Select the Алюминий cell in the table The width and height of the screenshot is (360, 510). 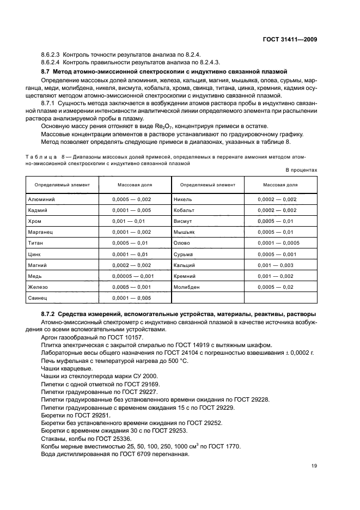pos(41,199)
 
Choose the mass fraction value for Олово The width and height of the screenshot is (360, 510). pos(277,243)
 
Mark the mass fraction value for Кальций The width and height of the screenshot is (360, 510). pos(277,265)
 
